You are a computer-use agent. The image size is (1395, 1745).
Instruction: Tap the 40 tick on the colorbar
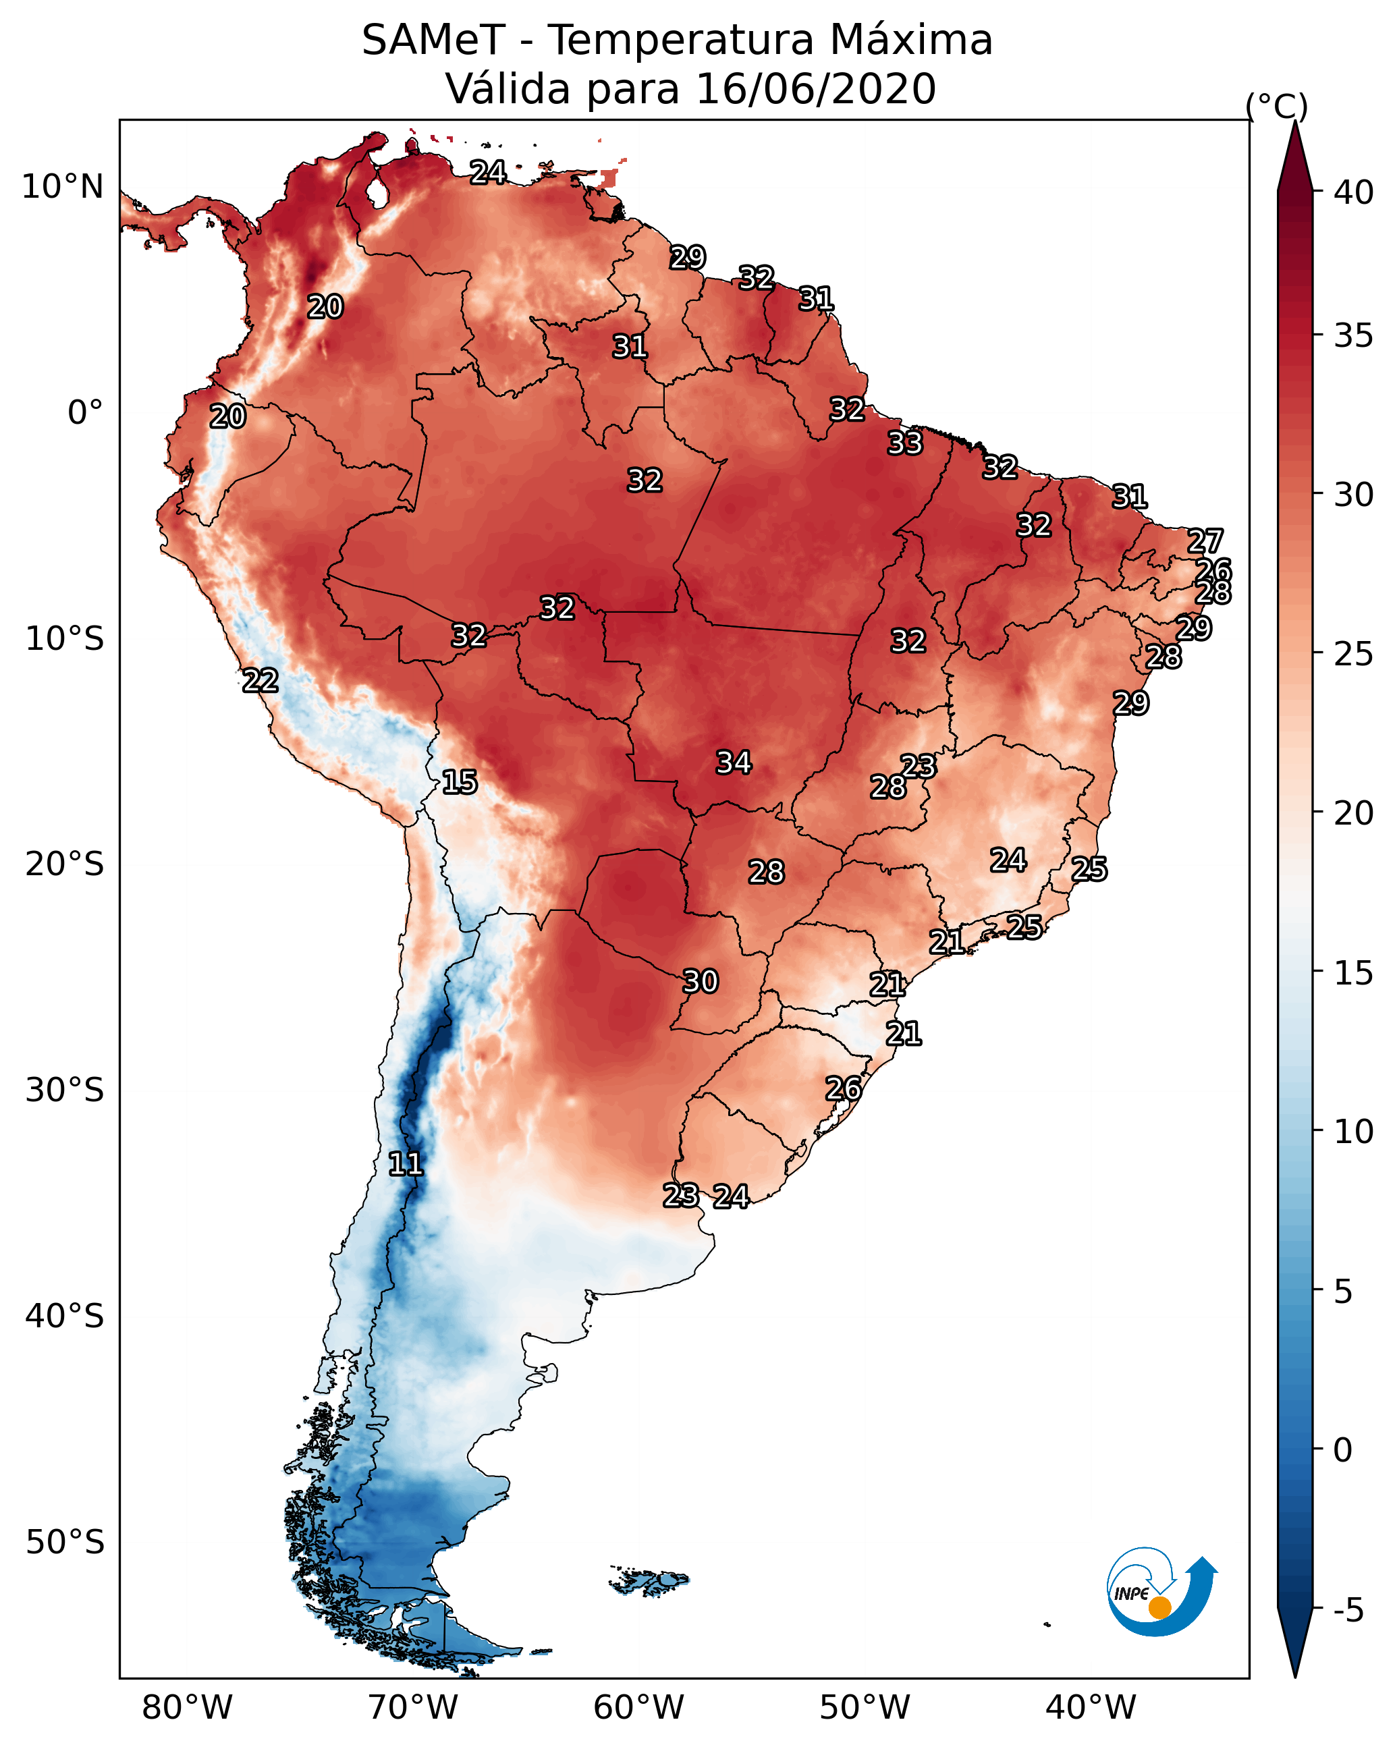1354,192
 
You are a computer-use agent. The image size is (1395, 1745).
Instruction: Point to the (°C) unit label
1277,105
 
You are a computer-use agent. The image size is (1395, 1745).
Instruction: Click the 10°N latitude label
62,187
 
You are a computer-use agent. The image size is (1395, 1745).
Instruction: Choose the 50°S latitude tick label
65,1543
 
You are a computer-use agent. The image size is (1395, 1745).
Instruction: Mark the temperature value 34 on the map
734,763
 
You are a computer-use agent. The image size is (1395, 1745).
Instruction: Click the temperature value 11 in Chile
406,1164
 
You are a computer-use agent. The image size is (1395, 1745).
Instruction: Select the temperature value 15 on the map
460,782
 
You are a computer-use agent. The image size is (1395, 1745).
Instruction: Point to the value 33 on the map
904,443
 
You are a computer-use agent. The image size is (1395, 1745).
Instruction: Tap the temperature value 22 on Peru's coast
261,681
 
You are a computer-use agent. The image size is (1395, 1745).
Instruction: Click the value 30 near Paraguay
701,982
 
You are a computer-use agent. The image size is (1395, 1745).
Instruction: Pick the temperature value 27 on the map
1205,541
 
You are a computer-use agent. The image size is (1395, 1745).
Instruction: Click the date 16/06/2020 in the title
815,89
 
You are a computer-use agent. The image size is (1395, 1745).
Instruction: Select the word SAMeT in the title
434,40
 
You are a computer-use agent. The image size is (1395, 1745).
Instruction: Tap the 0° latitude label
86,413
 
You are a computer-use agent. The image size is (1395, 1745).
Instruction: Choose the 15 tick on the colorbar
1354,973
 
